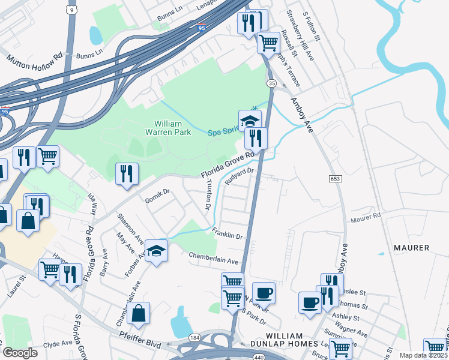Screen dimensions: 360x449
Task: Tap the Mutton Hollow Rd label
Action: pos(34,60)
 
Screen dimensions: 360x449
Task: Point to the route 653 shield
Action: pos(336,179)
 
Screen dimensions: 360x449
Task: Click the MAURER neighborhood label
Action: pos(411,248)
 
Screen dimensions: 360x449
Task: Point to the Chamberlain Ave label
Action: pos(214,259)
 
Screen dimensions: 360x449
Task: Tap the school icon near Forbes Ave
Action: pos(156,250)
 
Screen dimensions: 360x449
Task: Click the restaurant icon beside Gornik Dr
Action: pos(127,174)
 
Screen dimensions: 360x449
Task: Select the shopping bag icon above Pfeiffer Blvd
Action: pos(138,313)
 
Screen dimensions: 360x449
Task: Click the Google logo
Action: pos(20,353)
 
